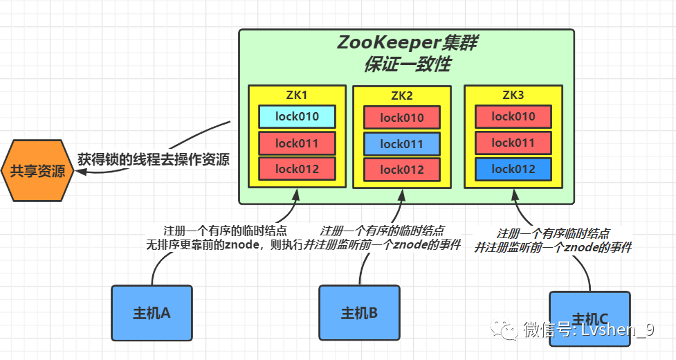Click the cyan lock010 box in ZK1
click(x=297, y=116)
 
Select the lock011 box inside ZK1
click(x=297, y=143)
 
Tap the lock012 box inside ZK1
click(x=297, y=169)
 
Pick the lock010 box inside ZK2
click(x=402, y=118)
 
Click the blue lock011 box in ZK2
click(x=402, y=144)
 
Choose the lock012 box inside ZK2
click(x=402, y=170)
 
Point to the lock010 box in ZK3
click(x=513, y=116)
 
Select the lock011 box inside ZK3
click(x=513, y=143)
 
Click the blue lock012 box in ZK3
click(x=513, y=169)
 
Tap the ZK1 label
click(x=297, y=95)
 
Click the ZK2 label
click(x=402, y=96)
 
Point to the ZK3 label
click(x=513, y=95)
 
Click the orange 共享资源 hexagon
click(x=37, y=171)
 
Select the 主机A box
click(x=152, y=313)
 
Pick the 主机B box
click(x=359, y=313)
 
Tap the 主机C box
click(x=590, y=319)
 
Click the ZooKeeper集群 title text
click(x=407, y=43)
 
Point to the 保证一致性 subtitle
click(x=408, y=64)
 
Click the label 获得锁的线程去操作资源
click(x=154, y=159)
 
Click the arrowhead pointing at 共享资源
click(x=81, y=172)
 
